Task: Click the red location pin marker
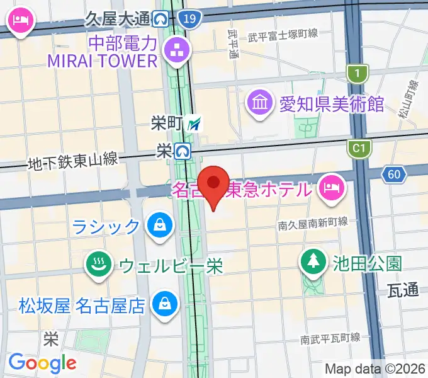(x=213, y=184)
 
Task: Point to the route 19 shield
(x=189, y=20)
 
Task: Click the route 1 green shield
(x=358, y=74)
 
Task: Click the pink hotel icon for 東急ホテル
(x=330, y=188)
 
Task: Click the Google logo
(x=42, y=363)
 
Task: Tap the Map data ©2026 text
(x=375, y=369)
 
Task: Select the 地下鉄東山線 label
(x=73, y=162)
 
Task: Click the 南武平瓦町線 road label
(x=329, y=339)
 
